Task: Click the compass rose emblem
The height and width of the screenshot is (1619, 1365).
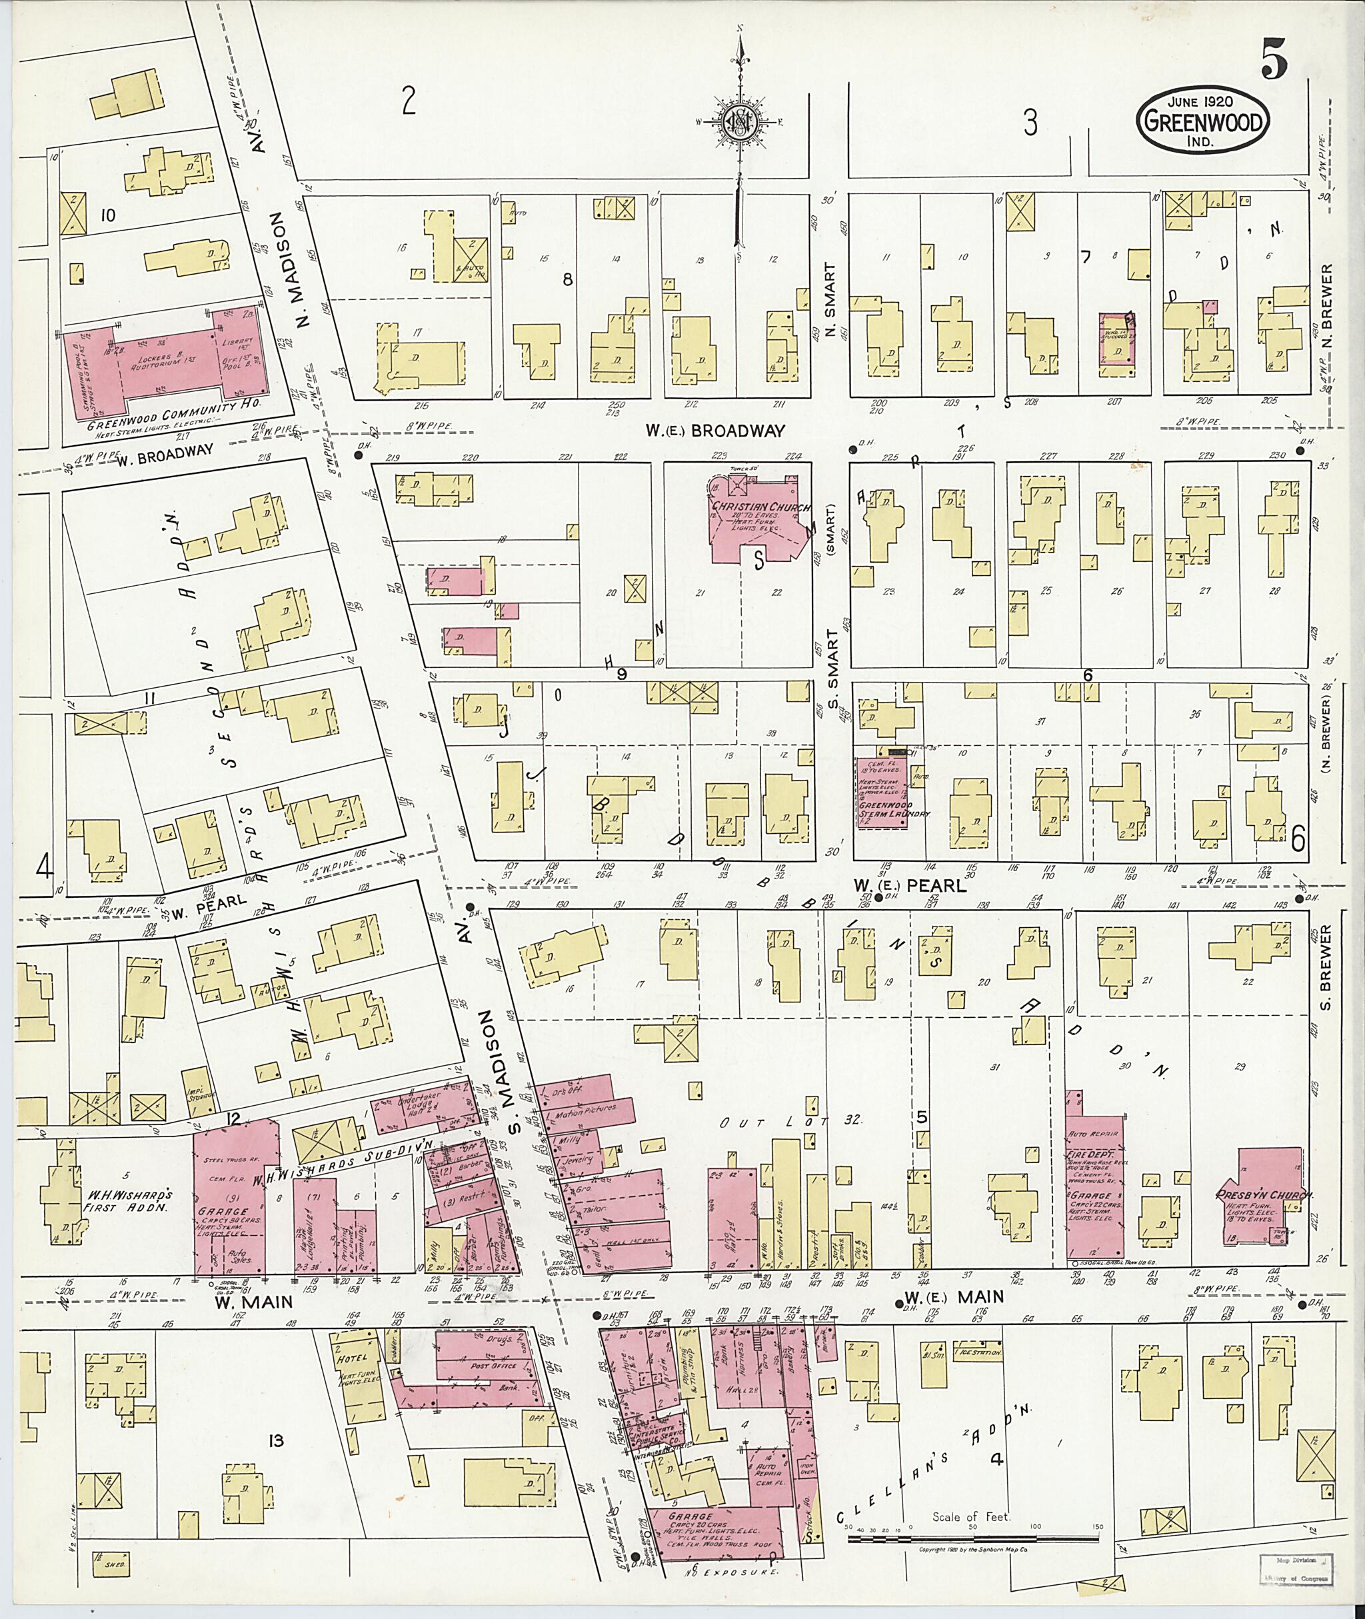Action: (x=739, y=121)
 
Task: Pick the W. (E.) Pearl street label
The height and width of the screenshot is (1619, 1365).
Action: (x=910, y=885)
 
